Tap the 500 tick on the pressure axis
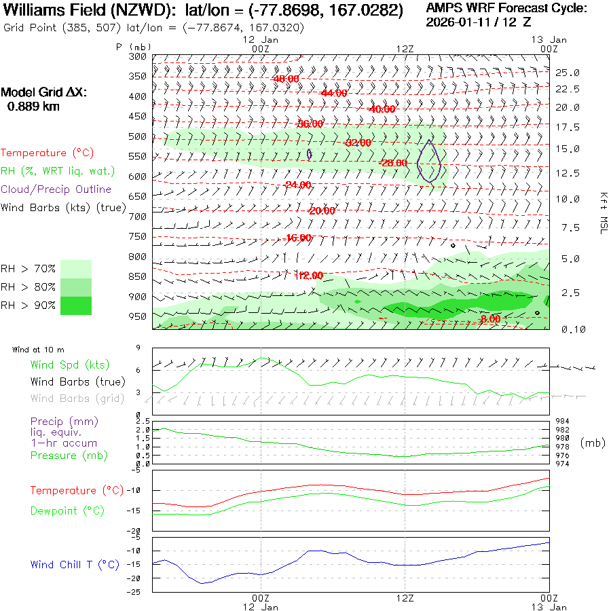click(x=138, y=136)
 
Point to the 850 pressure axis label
click(x=138, y=276)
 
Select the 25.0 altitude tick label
click(x=567, y=73)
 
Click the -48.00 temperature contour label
click(x=285, y=79)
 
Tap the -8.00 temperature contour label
click(x=489, y=319)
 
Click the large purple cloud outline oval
click(x=429, y=161)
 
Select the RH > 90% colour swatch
click(x=76, y=305)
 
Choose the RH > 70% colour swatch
click(x=76, y=268)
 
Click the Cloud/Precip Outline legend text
click(x=56, y=189)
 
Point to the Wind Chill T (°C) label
click(x=75, y=565)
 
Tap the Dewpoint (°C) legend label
click(x=67, y=511)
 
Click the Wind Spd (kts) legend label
click(x=69, y=365)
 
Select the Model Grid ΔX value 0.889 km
click(x=33, y=107)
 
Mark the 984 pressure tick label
click(x=563, y=421)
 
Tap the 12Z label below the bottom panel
click(x=405, y=598)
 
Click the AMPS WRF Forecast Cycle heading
click(x=506, y=8)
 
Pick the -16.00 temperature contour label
click(x=299, y=238)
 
